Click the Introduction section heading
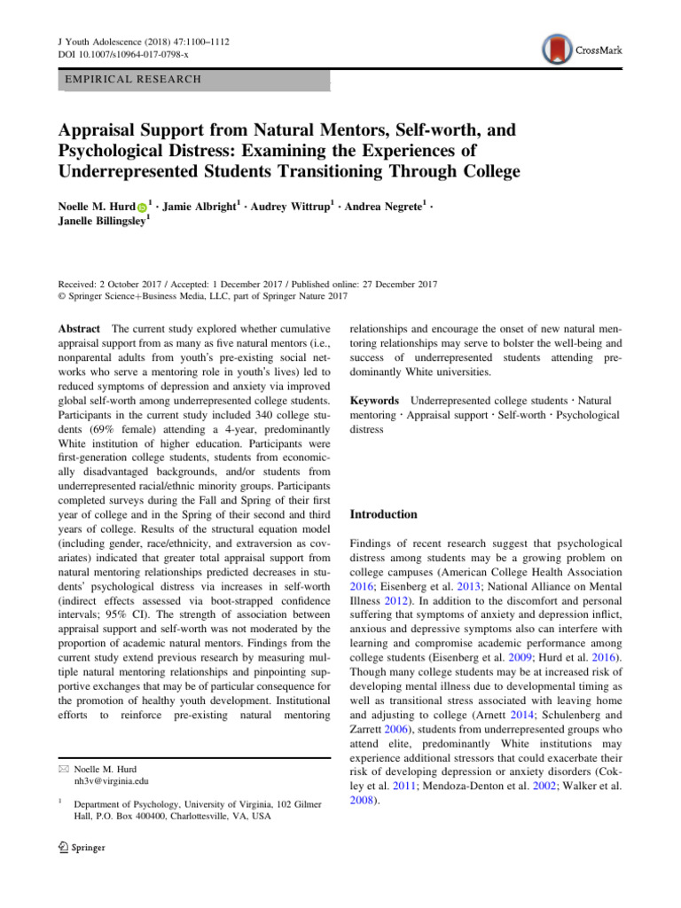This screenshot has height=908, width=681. pos(383,514)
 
